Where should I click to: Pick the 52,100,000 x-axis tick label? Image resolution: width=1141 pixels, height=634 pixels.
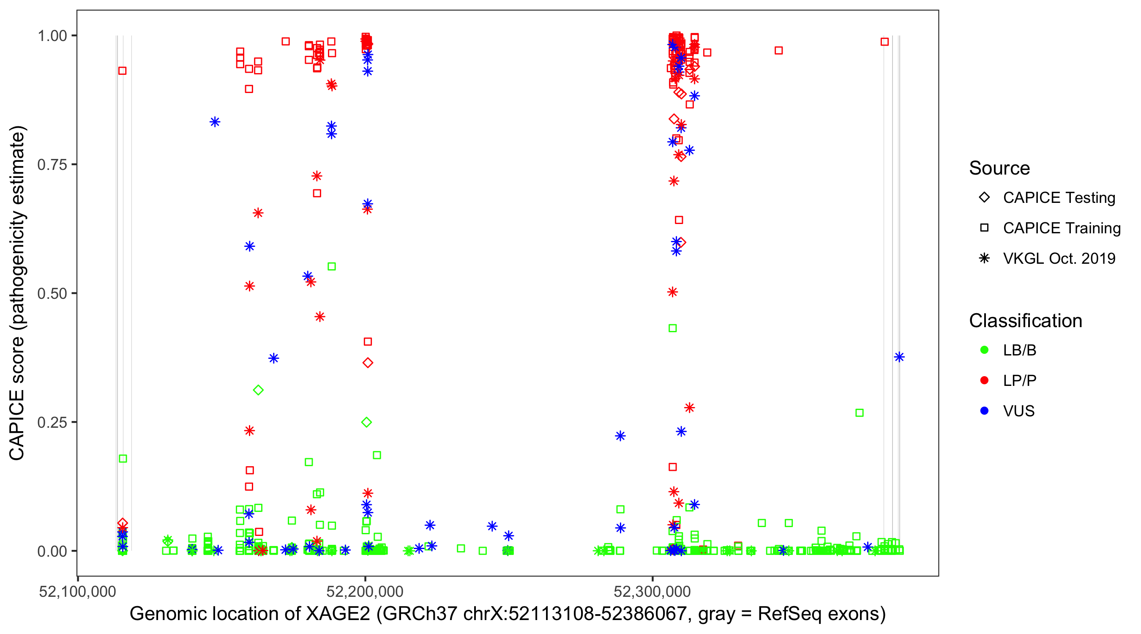(77, 591)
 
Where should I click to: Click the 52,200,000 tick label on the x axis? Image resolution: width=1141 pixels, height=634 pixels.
(365, 591)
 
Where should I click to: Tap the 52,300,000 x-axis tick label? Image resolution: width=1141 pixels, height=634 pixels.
(652, 591)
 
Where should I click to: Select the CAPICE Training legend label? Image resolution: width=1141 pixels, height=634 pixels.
(1062, 228)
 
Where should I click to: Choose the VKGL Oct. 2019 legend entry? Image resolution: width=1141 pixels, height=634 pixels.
(1059, 258)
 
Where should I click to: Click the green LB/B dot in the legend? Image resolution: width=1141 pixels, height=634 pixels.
(984, 350)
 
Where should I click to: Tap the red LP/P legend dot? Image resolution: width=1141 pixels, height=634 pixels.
(984, 380)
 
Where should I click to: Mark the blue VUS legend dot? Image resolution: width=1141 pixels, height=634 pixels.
(984, 411)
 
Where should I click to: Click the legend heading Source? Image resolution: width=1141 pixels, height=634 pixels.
(999, 168)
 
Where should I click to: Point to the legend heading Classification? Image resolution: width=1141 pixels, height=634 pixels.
(1025, 321)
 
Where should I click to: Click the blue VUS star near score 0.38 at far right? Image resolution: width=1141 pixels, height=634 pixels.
(899, 357)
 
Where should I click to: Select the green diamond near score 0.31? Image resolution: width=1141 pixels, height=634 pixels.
(258, 390)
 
